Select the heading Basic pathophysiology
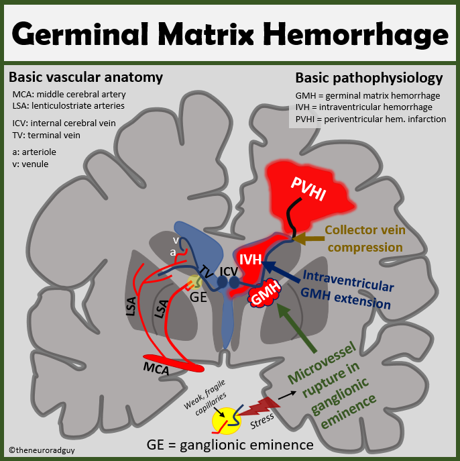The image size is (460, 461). point(369,77)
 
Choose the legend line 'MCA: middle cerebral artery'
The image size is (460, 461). point(69,94)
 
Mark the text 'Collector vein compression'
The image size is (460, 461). point(365,238)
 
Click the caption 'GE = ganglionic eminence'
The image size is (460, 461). point(230,445)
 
